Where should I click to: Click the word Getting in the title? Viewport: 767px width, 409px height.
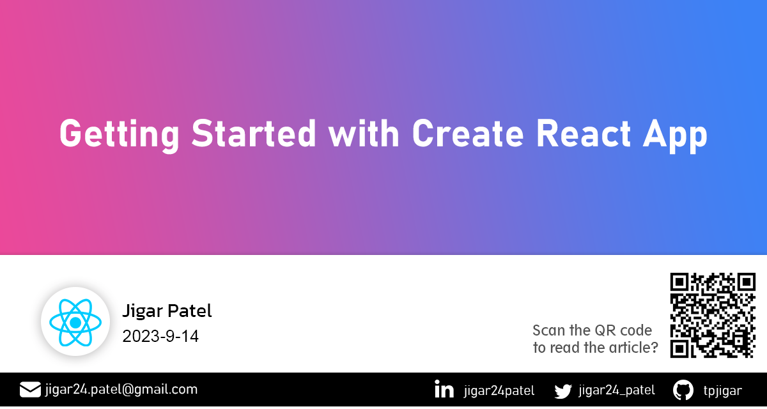(x=119, y=135)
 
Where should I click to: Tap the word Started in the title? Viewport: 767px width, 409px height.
(x=253, y=133)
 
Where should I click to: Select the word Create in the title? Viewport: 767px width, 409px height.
(x=468, y=133)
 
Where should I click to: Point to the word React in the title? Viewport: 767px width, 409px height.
(x=584, y=133)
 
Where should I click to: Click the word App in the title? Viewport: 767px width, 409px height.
(x=675, y=135)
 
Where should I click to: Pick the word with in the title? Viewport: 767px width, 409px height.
(x=364, y=133)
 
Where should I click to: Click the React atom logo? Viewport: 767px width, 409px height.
(x=75, y=323)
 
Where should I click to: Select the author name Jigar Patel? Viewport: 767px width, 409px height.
(x=167, y=311)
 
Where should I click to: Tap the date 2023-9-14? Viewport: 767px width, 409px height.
(x=160, y=336)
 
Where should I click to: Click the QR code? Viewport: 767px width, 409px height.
(x=713, y=315)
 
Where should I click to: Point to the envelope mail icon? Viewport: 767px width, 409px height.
(x=30, y=390)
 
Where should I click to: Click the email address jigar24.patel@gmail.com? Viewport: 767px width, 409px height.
(x=121, y=390)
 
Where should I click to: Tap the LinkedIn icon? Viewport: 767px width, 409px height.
(x=444, y=389)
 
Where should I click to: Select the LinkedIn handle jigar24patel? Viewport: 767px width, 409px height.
(x=499, y=391)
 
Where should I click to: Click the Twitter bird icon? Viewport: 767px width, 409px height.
(x=563, y=391)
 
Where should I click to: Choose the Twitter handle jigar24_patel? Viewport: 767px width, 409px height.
(x=617, y=390)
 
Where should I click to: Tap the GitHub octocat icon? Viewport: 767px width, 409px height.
(x=683, y=390)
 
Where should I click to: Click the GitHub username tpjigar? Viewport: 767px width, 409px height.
(x=722, y=391)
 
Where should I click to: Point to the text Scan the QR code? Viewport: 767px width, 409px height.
(x=593, y=330)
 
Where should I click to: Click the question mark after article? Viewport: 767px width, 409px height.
(x=655, y=348)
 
